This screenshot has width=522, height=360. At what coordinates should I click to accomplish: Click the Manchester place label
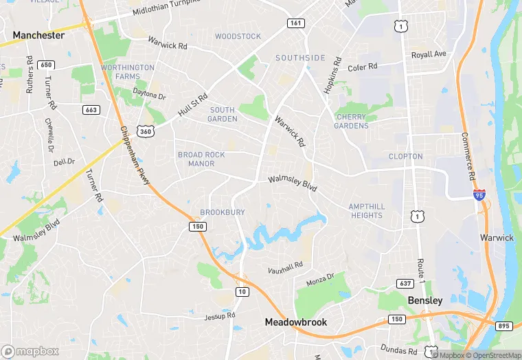[38, 35]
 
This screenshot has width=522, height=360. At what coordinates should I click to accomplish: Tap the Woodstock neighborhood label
[238, 36]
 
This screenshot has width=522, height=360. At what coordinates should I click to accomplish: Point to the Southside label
[300, 58]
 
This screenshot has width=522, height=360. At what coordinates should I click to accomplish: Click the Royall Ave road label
[429, 54]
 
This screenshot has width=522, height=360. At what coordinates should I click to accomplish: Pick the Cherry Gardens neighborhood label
[352, 121]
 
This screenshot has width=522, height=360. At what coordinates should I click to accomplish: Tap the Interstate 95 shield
[479, 195]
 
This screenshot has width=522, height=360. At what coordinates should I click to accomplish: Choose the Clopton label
[405, 157]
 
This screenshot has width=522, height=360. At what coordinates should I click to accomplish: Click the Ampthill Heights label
[366, 211]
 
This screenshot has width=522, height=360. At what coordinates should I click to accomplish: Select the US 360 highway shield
[145, 131]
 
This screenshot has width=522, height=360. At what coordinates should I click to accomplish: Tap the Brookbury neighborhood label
[222, 213]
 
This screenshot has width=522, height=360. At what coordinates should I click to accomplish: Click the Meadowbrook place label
[296, 322]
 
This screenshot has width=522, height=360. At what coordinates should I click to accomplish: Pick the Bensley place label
[426, 301]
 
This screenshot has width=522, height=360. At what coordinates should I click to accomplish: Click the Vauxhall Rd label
[285, 266]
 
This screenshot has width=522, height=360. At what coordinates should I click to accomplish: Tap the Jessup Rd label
[220, 317]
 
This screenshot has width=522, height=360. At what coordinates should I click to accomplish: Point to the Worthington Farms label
[128, 72]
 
